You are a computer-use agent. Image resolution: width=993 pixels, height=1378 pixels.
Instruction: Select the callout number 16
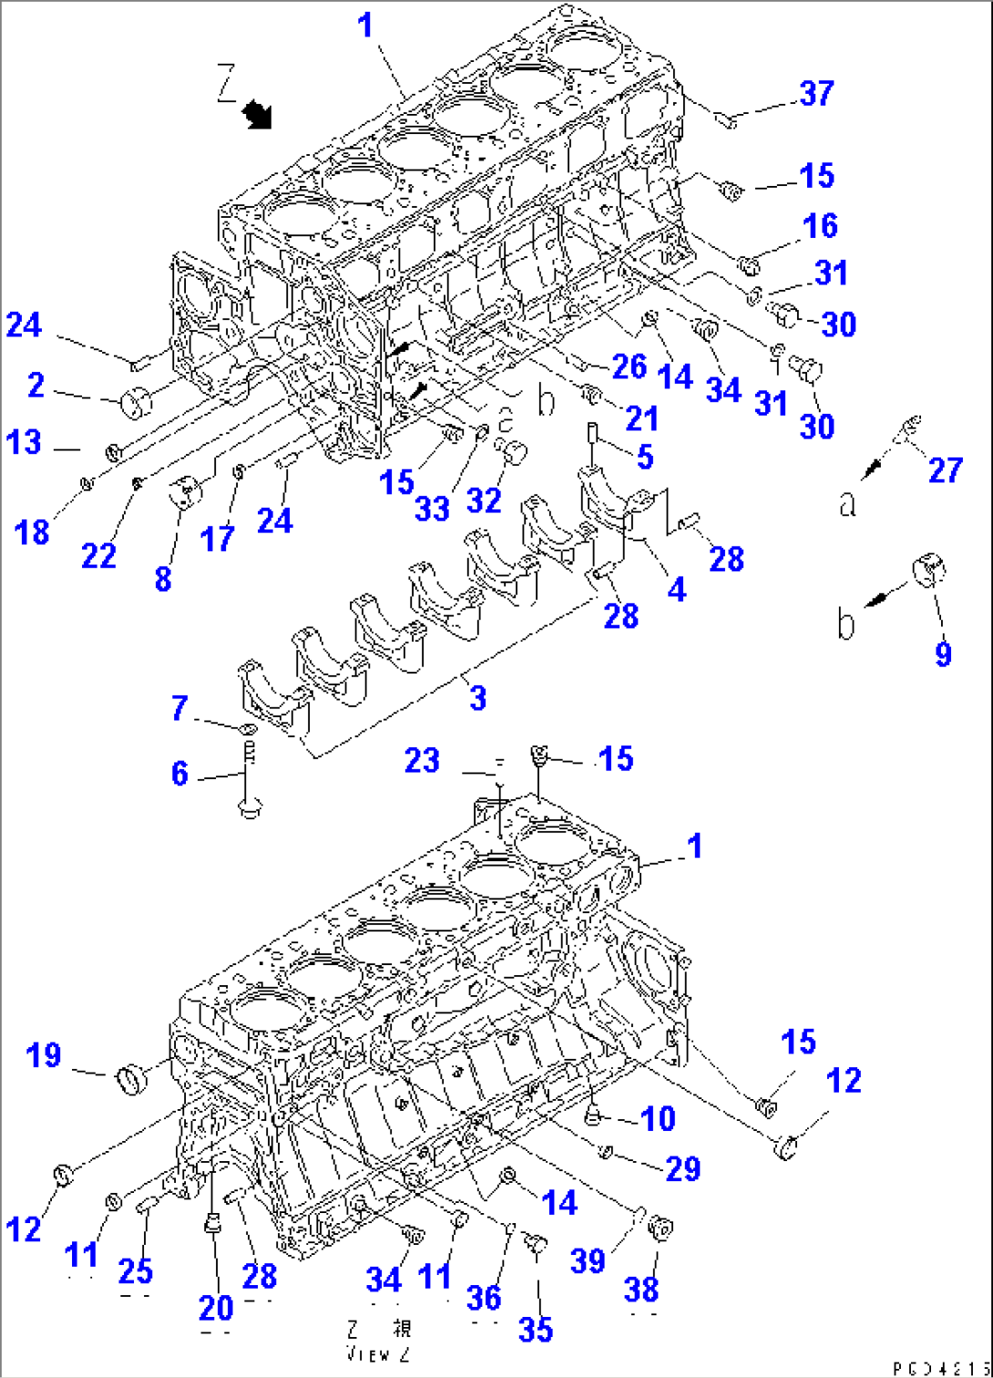point(819,225)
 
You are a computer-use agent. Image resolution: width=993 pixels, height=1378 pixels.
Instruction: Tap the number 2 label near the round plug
point(36,385)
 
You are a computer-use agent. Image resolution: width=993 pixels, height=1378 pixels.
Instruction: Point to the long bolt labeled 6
point(249,775)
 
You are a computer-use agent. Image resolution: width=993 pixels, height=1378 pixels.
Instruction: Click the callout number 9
point(943,653)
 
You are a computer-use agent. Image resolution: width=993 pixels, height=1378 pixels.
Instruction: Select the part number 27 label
point(945,470)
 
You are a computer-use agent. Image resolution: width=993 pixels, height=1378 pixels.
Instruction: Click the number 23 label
point(422,759)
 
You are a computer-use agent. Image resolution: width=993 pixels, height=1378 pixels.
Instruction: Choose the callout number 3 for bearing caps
point(477,698)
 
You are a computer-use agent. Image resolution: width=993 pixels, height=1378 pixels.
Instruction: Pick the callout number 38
point(641,1289)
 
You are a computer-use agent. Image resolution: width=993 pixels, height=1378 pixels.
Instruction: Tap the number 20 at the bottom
point(216,1308)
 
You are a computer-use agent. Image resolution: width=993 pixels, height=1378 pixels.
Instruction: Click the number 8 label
point(163,578)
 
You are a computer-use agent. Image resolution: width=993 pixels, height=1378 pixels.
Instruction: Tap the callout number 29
point(682,1168)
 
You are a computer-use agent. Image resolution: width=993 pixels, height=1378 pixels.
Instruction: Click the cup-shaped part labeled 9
point(929,571)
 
